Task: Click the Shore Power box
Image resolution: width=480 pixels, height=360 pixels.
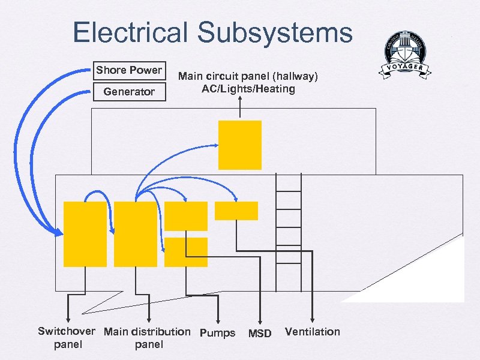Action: pyautogui.click(x=129, y=70)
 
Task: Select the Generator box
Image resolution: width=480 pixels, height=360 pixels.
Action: pyautogui.click(x=129, y=92)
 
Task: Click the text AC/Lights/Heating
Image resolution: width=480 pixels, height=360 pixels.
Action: pyautogui.click(x=248, y=89)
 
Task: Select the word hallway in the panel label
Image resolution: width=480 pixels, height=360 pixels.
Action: pyautogui.click(x=292, y=76)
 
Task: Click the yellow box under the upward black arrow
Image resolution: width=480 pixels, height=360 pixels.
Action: pyautogui.click(x=240, y=145)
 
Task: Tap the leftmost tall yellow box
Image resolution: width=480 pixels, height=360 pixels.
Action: pyautogui.click(x=85, y=234)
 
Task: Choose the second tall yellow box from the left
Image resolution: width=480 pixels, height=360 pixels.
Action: pyautogui.click(x=135, y=234)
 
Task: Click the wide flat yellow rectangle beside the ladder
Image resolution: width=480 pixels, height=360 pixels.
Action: pyautogui.click(x=236, y=211)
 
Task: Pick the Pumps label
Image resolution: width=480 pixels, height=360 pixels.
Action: pyautogui.click(x=217, y=333)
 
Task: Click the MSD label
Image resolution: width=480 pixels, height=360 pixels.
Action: pyautogui.click(x=260, y=334)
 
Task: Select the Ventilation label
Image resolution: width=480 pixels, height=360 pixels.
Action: pyautogui.click(x=312, y=332)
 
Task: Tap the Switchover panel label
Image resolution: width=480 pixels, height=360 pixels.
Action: pyautogui.click(x=66, y=338)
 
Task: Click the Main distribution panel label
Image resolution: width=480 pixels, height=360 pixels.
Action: pyautogui.click(x=148, y=338)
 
